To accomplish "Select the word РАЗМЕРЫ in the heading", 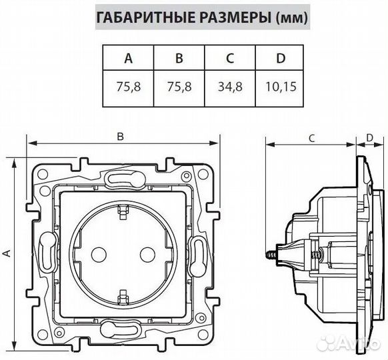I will [x=225, y=18].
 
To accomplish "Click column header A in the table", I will [x=128, y=58].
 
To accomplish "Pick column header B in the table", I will [x=179, y=58].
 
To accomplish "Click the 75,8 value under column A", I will [x=128, y=87].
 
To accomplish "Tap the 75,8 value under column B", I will [x=179, y=87].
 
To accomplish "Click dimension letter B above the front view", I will [x=121, y=136].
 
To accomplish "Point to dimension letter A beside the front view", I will [x=7, y=253].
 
